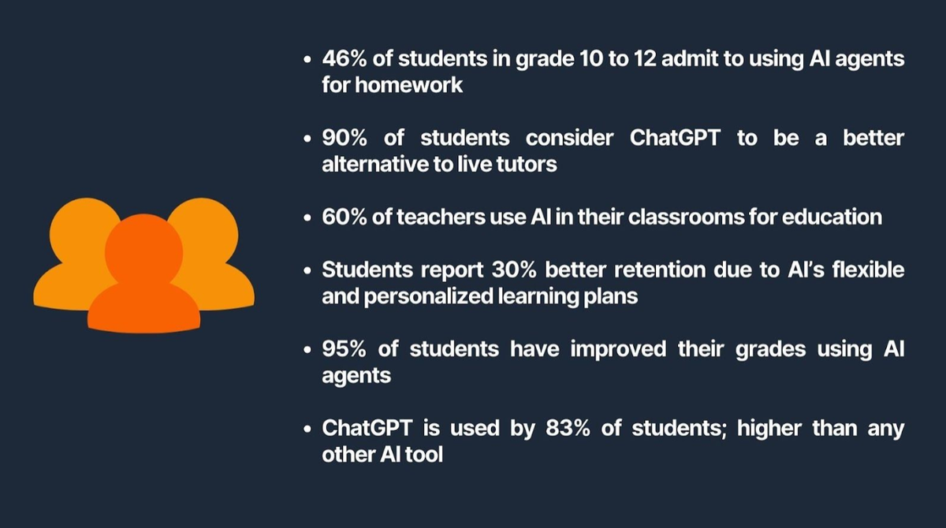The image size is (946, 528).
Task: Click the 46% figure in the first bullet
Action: click(345, 58)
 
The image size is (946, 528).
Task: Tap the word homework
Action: click(409, 85)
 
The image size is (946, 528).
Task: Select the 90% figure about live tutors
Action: click(345, 138)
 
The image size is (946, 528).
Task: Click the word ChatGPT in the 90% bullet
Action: click(675, 138)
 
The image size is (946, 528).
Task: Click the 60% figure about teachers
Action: click(345, 217)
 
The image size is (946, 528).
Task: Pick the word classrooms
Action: click(687, 217)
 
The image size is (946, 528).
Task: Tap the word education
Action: click(832, 217)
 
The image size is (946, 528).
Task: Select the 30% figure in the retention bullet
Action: click(514, 270)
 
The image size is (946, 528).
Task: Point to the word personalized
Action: click(429, 296)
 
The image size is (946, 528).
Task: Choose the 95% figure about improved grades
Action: click(345, 349)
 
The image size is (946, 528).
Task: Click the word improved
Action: click(618, 350)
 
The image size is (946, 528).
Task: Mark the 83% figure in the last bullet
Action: click(568, 428)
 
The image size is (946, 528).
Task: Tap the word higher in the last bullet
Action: click(769, 429)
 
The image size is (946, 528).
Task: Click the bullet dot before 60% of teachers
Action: click(307, 218)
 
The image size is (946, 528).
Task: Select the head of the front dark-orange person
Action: click(143, 252)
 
